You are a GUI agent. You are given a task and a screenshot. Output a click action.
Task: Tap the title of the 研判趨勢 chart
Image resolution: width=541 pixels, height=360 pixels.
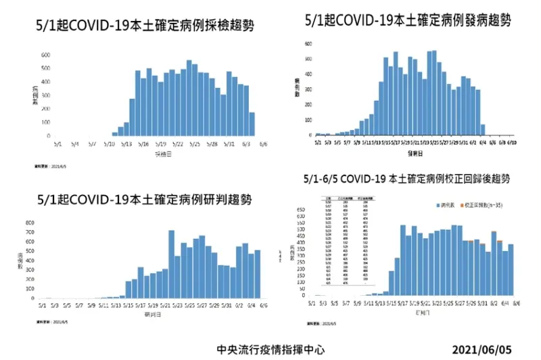tap(145, 200)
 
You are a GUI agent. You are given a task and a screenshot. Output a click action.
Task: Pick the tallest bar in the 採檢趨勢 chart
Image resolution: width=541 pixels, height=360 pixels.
tap(189, 98)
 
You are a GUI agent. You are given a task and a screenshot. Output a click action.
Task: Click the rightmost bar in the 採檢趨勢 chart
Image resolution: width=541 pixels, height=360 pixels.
tap(252, 125)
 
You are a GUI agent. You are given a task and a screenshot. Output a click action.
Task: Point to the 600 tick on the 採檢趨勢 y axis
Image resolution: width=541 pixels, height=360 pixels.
tap(45, 55)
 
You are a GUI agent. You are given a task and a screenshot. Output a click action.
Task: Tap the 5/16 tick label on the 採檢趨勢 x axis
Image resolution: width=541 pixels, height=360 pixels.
tap(143, 144)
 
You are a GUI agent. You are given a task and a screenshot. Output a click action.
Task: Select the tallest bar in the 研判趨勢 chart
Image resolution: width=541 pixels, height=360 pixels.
tap(171, 264)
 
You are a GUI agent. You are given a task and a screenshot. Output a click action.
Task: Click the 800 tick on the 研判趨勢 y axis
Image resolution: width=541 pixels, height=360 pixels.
tap(30, 223)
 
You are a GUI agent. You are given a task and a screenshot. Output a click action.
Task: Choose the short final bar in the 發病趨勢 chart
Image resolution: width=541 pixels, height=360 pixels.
tap(483, 130)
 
